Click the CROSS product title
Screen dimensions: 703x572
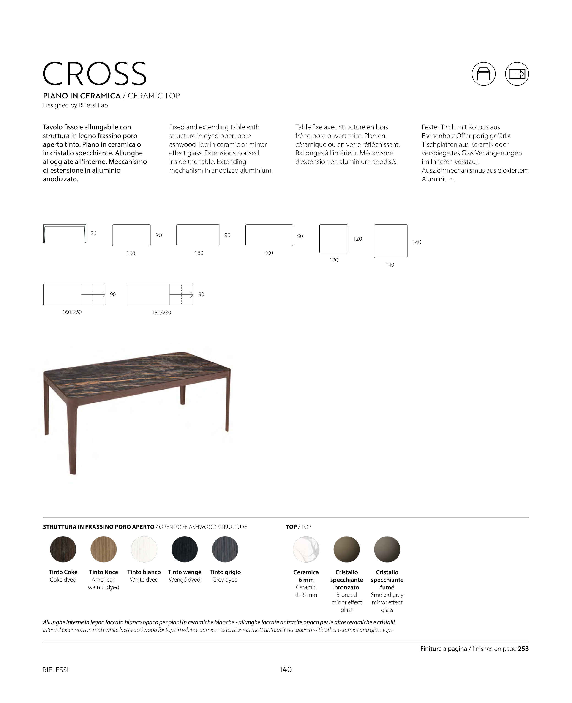coord(95,74)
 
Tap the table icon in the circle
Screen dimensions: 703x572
coord(483,74)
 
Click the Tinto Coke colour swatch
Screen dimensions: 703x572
coord(63,549)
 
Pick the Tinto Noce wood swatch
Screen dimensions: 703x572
coord(104,549)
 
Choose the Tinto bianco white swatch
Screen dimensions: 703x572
coord(144,549)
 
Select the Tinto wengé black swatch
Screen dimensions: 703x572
coord(185,549)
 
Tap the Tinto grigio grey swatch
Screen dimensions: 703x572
coord(225,549)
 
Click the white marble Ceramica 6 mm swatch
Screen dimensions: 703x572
coord(306,549)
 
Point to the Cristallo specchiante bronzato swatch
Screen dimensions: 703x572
coord(347,549)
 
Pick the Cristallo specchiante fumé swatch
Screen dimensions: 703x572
coord(387,549)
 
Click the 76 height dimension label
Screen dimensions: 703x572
coord(94,233)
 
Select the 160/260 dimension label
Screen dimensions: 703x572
coord(72,312)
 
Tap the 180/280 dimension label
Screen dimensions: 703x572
coord(161,312)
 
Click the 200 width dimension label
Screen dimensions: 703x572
coord(269,253)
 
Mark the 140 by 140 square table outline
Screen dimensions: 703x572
coord(390,241)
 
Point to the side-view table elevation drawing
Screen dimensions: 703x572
coord(65,233)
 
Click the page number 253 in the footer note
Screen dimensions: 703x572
coord(523,649)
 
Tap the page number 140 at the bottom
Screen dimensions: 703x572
coord(286,669)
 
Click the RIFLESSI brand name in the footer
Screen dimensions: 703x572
coord(55,670)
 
